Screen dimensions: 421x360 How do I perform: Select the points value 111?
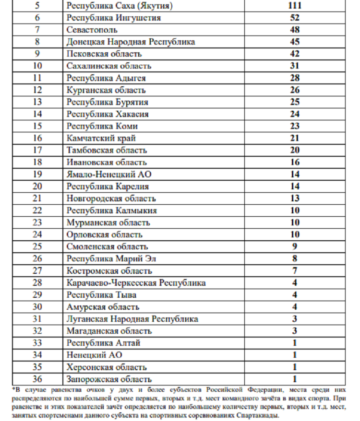pyautogui.click(x=294, y=6)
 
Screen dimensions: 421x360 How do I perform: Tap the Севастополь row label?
pyautogui.click(x=92, y=30)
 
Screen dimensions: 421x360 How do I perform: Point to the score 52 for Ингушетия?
pyautogui.click(x=294, y=18)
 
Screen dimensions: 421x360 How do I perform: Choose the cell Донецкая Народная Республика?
pyautogui.click(x=131, y=42)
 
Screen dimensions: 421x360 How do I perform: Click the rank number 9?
pyautogui.click(x=37, y=54)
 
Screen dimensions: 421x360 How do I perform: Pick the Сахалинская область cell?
pyautogui.click(x=109, y=66)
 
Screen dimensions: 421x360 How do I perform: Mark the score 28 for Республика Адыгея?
pyautogui.click(x=294, y=78)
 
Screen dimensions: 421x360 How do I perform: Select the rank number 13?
pyautogui.click(x=37, y=102)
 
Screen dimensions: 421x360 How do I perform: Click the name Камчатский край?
pyautogui.click(x=101, y=138)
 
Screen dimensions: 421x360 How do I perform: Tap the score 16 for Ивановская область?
pyautogui.click(x=294, y=162)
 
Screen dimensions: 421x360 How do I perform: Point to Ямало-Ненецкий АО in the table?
pyautogui.click(x=109, y=175)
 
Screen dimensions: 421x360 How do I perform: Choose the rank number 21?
pyautogui.click(x=37, y=199)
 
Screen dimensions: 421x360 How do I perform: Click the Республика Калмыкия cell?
pyautogui.click(x=112, y=210)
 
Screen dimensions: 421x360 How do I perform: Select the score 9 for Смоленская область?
pyautogui.click(x=294, y=246)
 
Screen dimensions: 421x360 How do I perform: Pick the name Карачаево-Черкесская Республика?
pyautogui.click(x=136, y=283)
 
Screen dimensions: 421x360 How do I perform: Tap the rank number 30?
pyautogui.click(x=37, y=307)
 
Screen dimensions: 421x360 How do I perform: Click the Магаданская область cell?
pyautogui.click(x=109, y=331)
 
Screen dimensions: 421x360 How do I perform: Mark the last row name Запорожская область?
pyautogui.click(x=109, y=379)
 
